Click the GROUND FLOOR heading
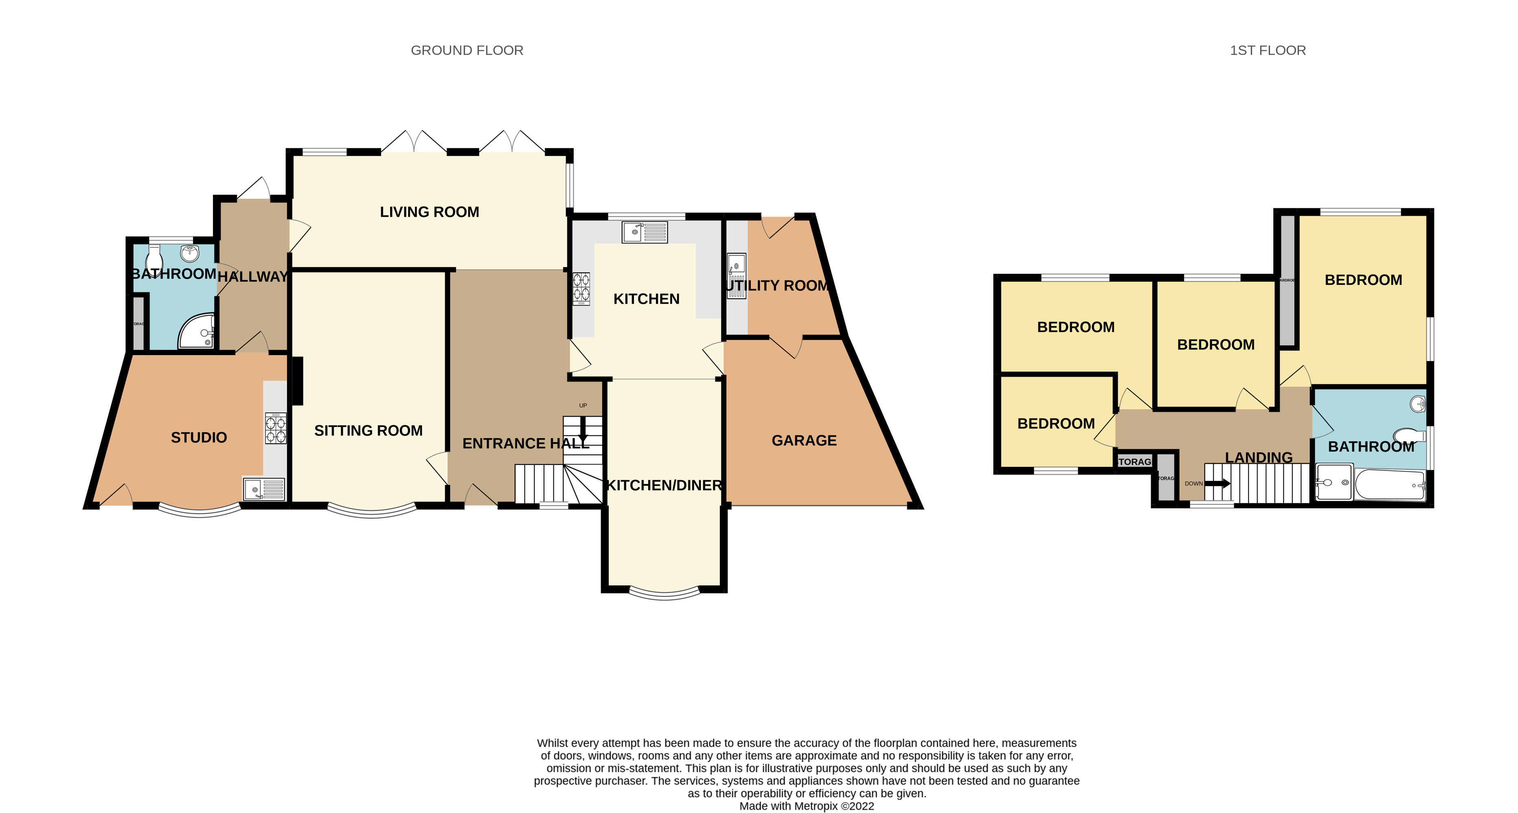(x=467, y=50)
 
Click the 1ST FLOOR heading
(x=1268, y=50)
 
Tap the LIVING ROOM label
(x=429, y=212)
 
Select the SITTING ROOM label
(x=369, y=431)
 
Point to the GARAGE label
(x=804, y=440)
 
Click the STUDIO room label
(x=199, y=438)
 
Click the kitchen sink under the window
(x=645, y=232)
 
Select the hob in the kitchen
(x=581, y=288)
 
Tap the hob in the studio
(x=275, y=428)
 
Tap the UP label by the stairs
(x=583, y=405)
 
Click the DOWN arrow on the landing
(x=1217, y=484)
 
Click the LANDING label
(x=1258, y=458)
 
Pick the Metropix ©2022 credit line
(x=806, y=806)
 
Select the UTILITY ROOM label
(x=777, y=286)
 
